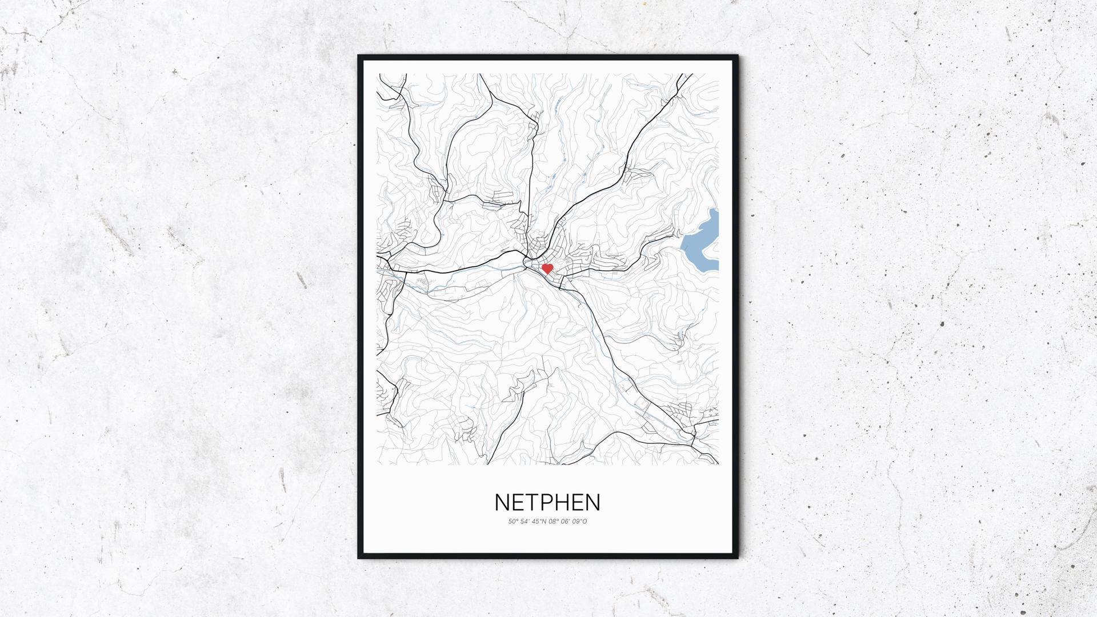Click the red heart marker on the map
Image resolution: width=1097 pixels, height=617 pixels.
pos(547,269)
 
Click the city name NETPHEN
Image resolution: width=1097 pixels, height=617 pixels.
pos(547,502)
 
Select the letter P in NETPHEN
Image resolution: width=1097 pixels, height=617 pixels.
pos(547,502)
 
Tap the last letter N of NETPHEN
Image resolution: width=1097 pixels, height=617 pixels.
pos(594,502)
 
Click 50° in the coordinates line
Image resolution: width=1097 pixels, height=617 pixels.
pos(512,521)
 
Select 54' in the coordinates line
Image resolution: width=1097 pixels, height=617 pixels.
pos(525,521)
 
